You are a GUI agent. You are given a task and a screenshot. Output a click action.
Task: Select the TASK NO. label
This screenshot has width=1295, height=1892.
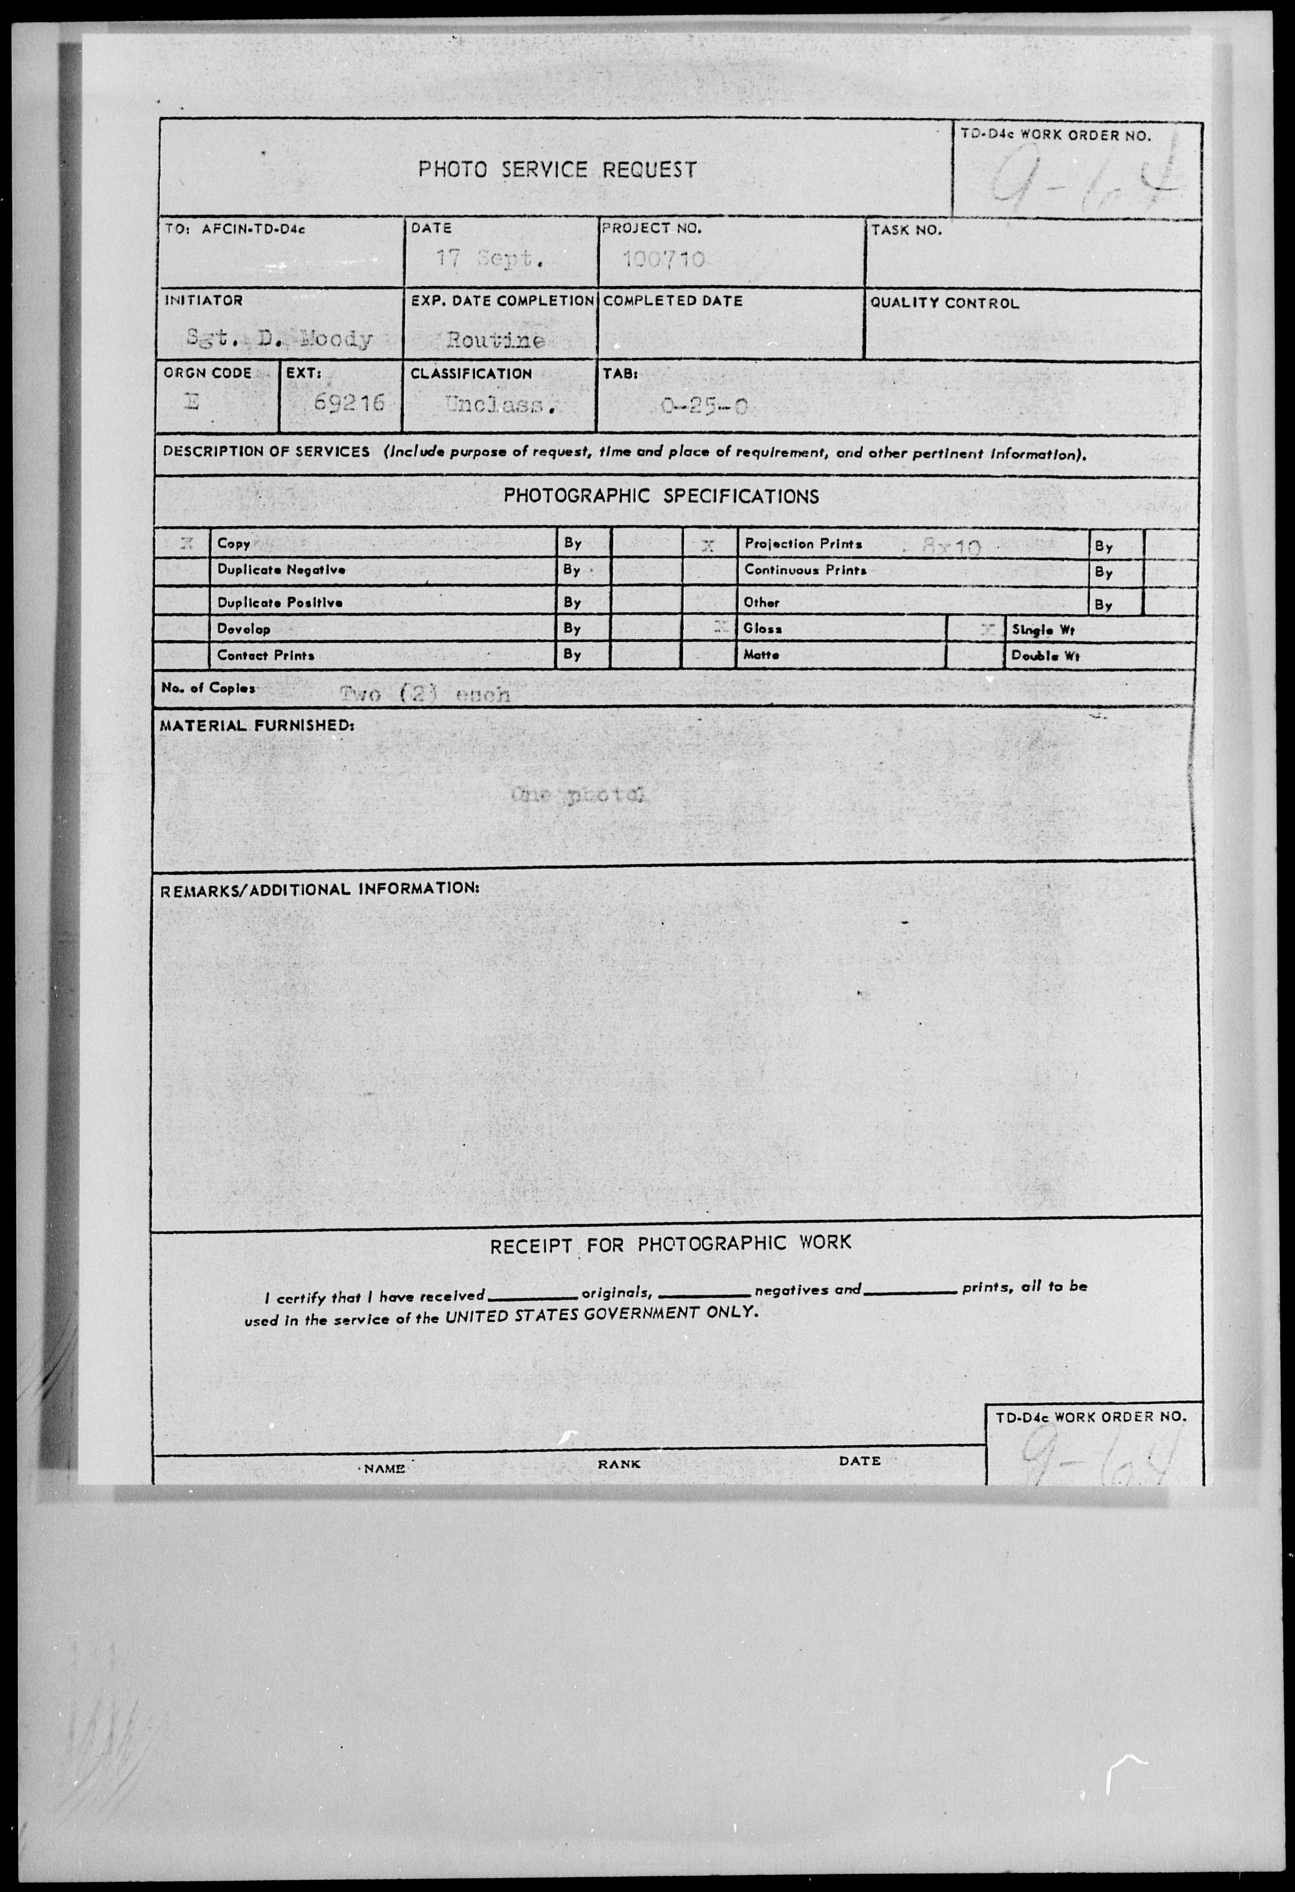pos(906,230)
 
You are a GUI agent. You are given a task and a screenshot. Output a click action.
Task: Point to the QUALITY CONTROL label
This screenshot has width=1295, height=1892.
pos(944,303)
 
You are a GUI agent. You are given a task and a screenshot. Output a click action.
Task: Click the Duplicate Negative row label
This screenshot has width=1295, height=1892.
pos(281,570)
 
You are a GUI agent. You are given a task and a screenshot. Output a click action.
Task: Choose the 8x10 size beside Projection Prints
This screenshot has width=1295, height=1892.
pos(951,547)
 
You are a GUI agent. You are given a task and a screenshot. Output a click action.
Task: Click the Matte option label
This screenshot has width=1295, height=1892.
pos(761,655)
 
